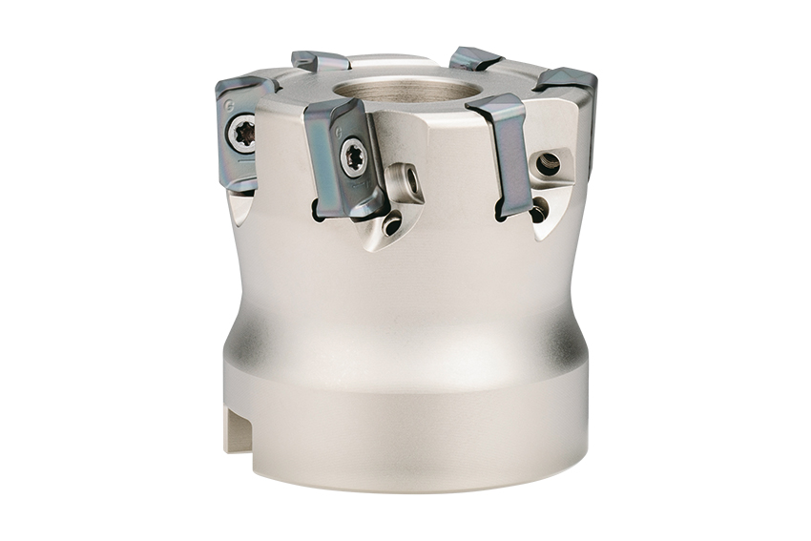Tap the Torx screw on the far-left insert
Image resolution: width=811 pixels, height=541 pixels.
[243, 134]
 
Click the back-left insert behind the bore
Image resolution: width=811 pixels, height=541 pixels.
[321, 61]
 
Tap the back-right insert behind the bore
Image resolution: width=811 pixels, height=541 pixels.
[475, 58]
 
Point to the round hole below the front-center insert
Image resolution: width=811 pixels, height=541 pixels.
[392, 225]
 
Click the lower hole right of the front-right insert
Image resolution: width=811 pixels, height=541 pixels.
[539, 208]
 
